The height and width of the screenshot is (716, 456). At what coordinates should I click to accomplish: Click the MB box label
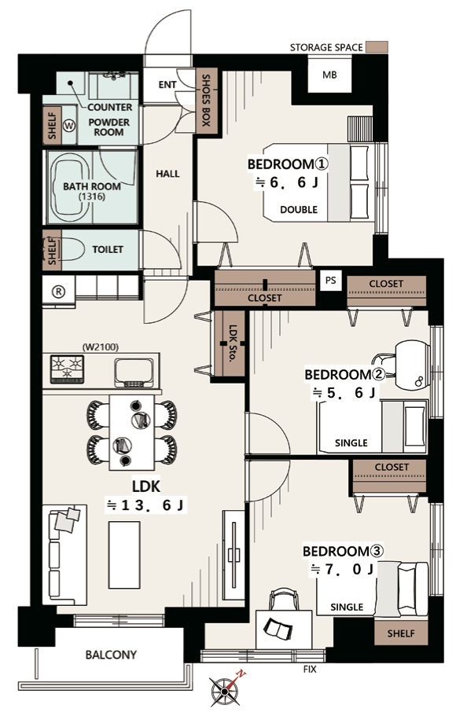(x=329, y=75)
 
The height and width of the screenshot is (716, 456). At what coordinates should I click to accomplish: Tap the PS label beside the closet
(x=330, y=281)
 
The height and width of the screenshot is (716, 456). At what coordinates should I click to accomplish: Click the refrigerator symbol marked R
(x=58, y=292)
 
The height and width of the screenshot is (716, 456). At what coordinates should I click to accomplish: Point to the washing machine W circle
(x=68, y=126)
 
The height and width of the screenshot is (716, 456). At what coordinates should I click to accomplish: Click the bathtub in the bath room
(x=68, y=187)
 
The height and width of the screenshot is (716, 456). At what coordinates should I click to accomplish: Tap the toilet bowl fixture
(x=74, y=250)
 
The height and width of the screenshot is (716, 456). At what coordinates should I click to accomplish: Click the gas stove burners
(x=67, y=369)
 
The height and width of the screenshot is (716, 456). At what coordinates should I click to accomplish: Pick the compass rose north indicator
(x=225, y=690)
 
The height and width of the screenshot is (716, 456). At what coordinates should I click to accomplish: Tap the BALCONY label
(x=111, y=655)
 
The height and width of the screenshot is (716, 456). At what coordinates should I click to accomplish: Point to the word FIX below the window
(x=310, y=670)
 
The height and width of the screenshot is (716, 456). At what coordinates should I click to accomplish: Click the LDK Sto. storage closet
(x=231, y=343)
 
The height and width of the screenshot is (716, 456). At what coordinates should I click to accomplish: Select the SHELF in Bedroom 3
(x=401, y=633)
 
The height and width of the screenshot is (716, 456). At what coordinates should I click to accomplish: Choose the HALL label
(x=167, y=174)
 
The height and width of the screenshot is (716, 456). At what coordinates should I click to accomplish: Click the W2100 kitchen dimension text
(x=100, y=347)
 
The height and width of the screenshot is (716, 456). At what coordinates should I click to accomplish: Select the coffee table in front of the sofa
(x=124, y=555)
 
